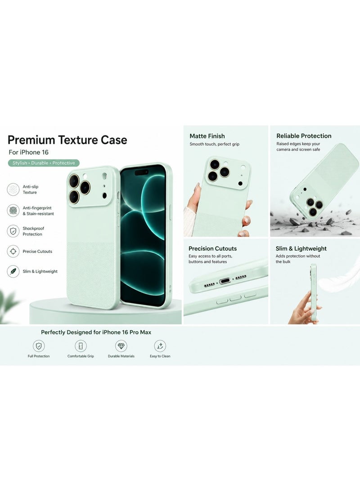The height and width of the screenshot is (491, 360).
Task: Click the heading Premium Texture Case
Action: pos(67,140)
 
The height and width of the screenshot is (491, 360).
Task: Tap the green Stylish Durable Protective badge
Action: pos(44,163)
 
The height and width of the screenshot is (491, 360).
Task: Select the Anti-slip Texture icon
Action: pos(13,189)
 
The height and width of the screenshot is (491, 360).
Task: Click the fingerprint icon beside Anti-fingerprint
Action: pos(13,211)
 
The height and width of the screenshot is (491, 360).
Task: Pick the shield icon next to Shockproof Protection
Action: pos(13,231)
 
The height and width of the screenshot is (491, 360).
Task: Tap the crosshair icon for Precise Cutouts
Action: pos(13,251)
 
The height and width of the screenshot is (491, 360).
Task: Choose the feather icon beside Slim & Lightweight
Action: pos(13,271)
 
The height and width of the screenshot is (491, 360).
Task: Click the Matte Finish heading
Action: pos(207,136)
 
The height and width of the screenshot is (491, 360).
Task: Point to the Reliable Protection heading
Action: pos(304,136)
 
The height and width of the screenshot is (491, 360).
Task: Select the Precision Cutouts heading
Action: pos(212,248)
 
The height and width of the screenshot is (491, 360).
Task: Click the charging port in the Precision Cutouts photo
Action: pos(225,281)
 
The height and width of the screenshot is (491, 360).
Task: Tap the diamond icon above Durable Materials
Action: pos(121,346)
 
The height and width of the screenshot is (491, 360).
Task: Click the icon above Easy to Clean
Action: pos(160,346)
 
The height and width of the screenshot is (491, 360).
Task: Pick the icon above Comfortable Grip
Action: pos(81,346)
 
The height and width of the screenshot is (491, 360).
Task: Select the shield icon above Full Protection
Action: pos(39,346)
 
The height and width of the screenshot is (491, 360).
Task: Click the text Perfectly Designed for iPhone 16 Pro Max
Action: pos(96,332)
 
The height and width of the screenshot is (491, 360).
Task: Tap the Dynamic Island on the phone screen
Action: pos(141,172)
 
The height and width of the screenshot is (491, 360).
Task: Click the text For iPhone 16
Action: pos(28,152)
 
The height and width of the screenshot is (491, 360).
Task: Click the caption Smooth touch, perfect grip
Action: pos(215,144)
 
